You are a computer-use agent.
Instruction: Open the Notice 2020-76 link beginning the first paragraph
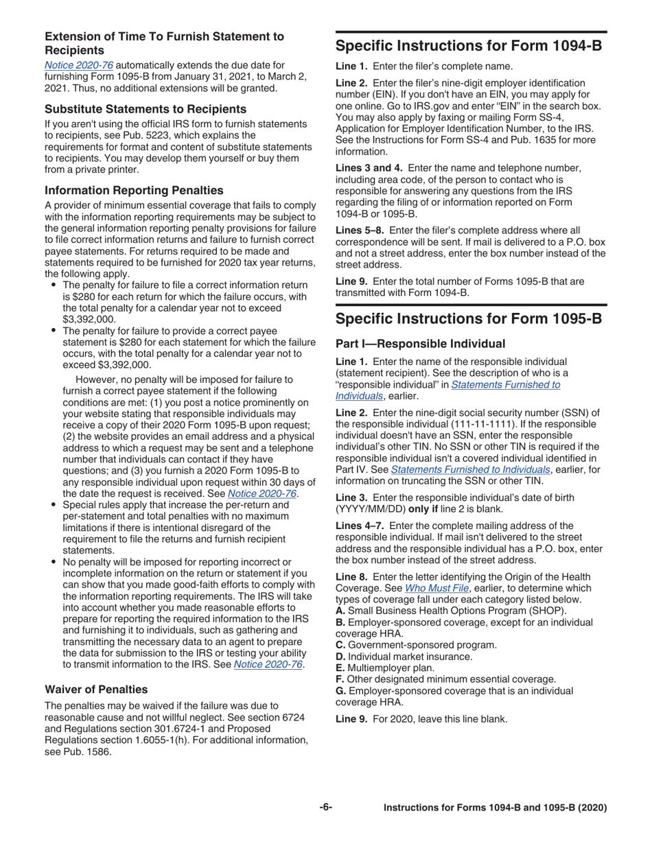[x=79, y=65]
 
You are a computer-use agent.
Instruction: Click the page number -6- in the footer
[x=325, y=808]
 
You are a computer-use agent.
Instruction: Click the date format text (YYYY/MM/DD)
[x=371, y=509]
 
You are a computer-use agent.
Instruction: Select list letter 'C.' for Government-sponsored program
[x=340, y=644]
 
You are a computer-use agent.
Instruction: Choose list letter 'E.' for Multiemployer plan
[x=340, y=668]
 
